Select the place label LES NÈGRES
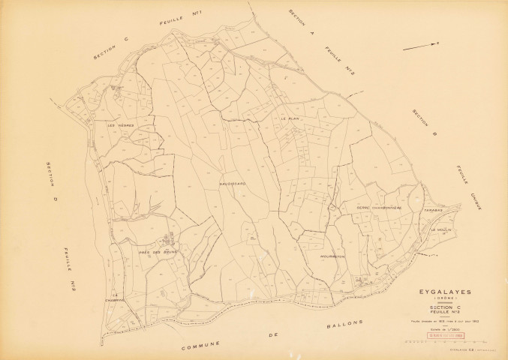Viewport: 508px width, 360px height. pos(120,126)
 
